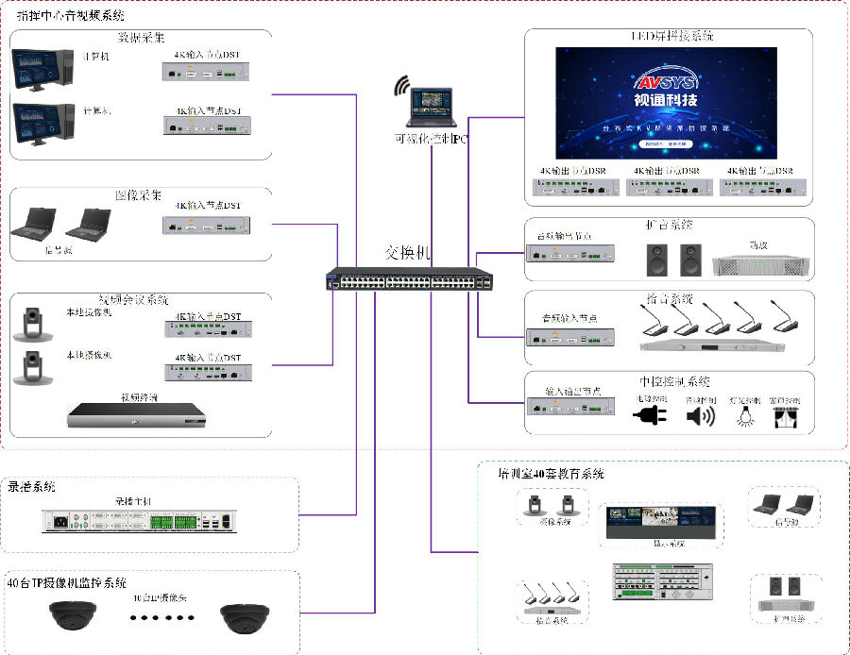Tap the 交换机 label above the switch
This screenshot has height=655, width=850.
pos(408,253)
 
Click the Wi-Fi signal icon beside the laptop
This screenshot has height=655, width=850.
pos(401,87)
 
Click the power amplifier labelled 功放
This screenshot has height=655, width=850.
pos(762,262)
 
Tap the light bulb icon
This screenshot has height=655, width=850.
pos(748,414)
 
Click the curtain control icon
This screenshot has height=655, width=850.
pos(787,415)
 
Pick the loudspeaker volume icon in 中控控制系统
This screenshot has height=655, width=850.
pos(700,415)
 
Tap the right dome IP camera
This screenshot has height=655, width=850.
pos(248,617)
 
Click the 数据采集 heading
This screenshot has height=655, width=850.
pos(141,38)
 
